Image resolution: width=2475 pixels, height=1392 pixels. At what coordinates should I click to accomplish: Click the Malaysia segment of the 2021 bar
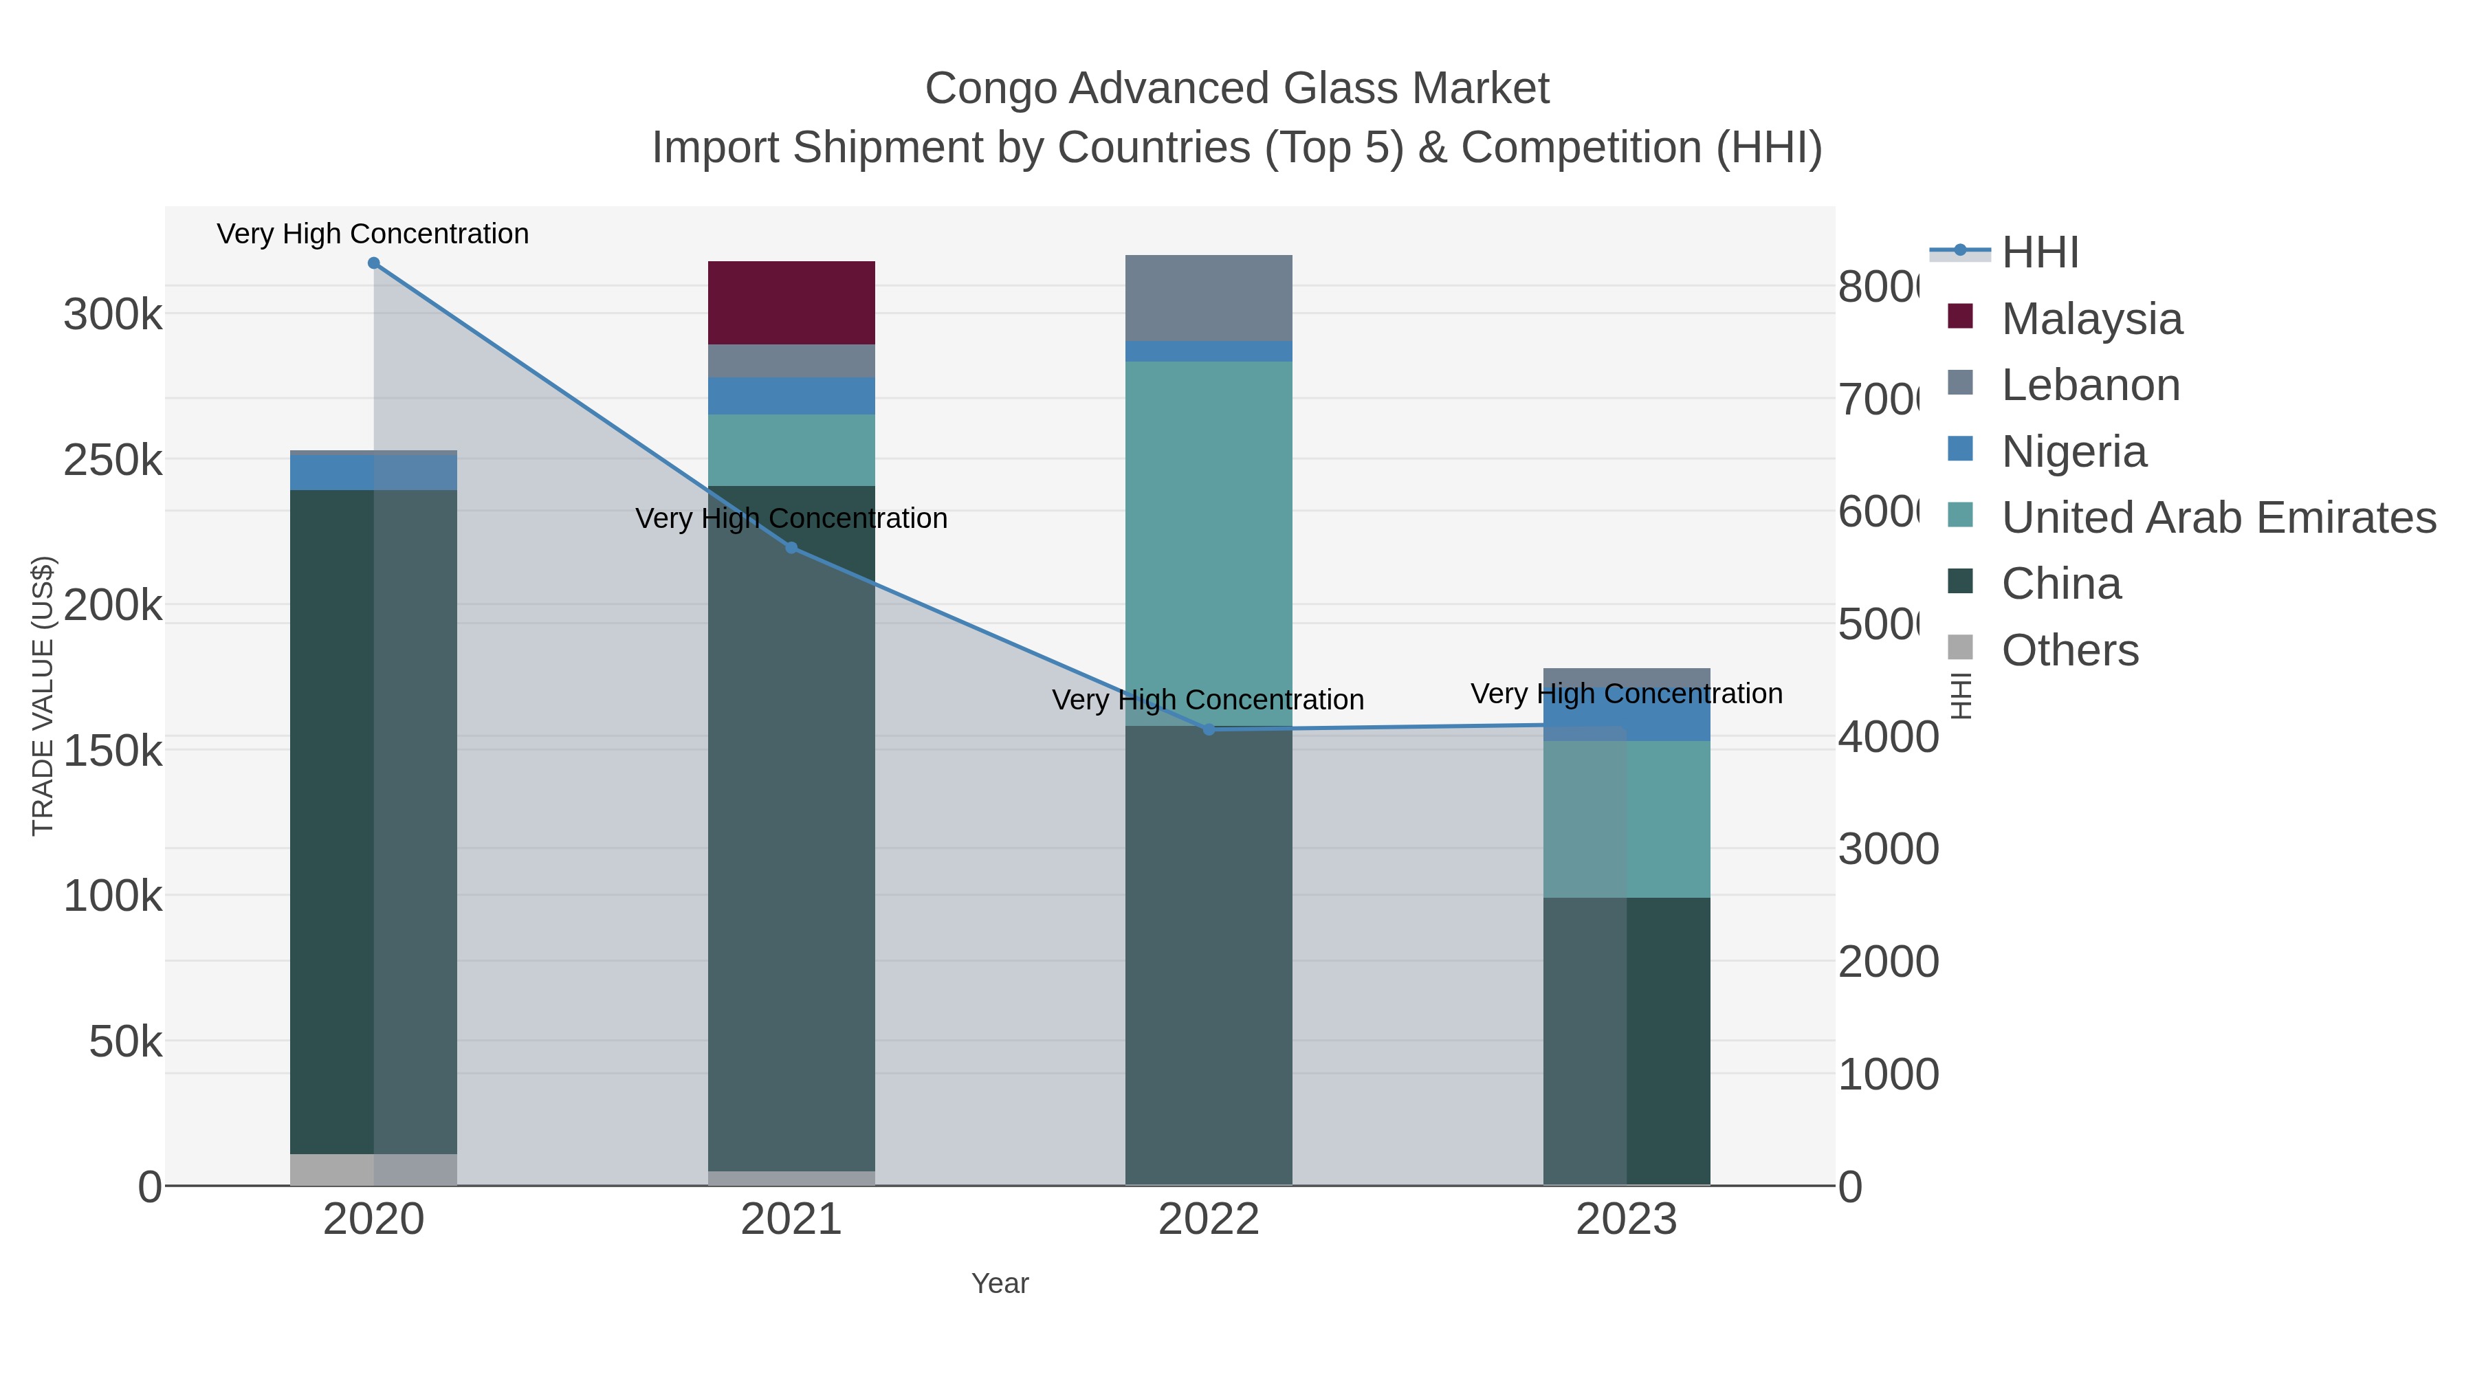coord(791,302)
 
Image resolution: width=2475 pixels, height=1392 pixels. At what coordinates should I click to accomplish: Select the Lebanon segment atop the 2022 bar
coord(1208,298)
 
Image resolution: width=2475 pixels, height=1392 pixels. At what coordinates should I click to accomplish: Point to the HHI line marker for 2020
coord(374,263)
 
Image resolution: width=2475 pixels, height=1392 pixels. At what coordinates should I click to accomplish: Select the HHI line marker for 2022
coord(1209,730)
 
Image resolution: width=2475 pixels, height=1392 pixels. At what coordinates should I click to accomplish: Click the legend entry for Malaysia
coord(2091,319)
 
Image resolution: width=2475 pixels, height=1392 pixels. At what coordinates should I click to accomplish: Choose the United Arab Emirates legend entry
coord(2217,518)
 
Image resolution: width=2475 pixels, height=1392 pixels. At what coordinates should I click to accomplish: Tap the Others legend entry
coord(2069,650)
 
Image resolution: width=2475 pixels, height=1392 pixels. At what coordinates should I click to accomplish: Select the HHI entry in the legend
coord(2039,253)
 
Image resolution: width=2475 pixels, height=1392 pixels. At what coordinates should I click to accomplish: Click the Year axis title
coord(999,1283)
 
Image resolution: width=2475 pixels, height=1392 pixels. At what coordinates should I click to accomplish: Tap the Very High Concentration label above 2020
coord(373,234)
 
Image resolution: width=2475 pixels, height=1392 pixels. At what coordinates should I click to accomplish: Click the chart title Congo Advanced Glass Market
coord(1237,89)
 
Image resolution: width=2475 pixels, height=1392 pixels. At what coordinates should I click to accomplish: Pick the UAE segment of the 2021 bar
coord(791,450)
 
